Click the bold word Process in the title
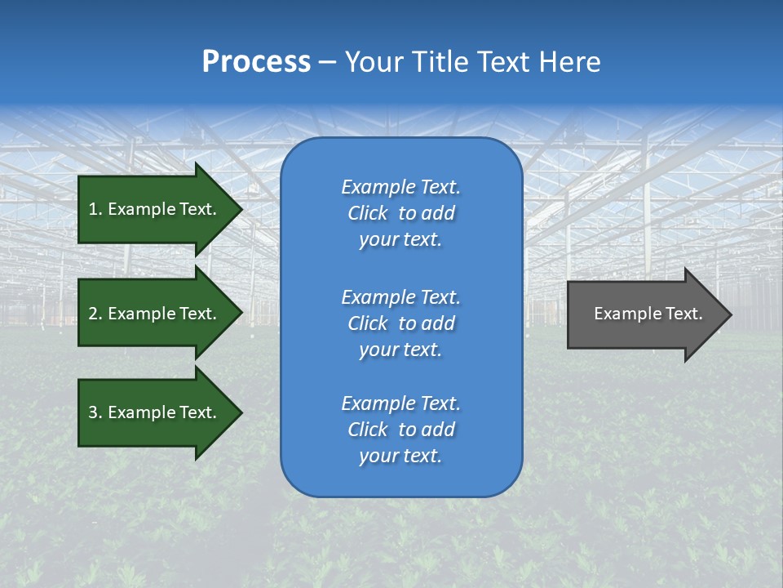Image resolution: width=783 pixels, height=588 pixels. point(256,62)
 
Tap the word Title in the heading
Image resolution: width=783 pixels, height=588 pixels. point(441,62)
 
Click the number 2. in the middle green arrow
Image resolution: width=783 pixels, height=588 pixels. point(95,314)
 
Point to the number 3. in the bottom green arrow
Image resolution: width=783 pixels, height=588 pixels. point(95,412)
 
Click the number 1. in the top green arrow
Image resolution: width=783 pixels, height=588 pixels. point(95,209)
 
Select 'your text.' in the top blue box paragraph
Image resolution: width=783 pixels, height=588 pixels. point(400,240)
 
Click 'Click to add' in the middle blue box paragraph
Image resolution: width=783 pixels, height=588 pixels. point(400,323)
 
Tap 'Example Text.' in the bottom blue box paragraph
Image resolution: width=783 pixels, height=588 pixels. point(400,403)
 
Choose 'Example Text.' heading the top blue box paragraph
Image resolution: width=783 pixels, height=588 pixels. point(400,187)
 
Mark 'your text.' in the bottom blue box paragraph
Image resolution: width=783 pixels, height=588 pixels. point(400,457)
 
